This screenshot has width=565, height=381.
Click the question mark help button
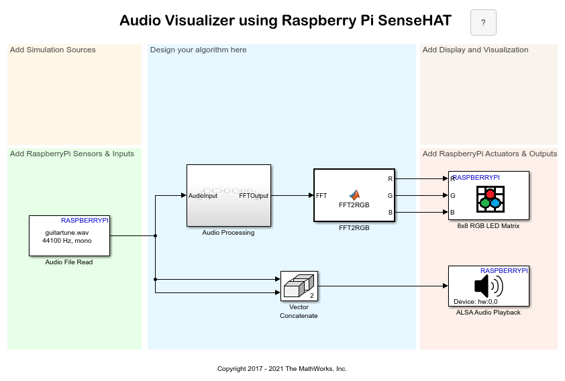(483, 23)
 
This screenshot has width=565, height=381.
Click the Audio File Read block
(69, 235)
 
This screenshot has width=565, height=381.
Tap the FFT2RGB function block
(354, 195)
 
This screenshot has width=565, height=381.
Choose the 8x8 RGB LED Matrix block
(489, 195)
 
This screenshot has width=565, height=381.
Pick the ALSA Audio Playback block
(489, 286)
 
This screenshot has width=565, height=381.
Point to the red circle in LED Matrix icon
(490, 194)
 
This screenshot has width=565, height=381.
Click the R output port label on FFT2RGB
(391, 179)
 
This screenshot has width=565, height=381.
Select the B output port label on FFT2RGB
(391, 213)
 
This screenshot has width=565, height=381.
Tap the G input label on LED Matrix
(453, 196)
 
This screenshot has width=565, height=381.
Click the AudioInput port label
(203, 196)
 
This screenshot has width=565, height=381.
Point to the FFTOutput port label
(254, 196)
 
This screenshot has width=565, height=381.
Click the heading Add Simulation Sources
(53, 50)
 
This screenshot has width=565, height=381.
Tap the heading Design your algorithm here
(199, 50)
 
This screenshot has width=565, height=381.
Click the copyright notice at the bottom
(282, 369)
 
